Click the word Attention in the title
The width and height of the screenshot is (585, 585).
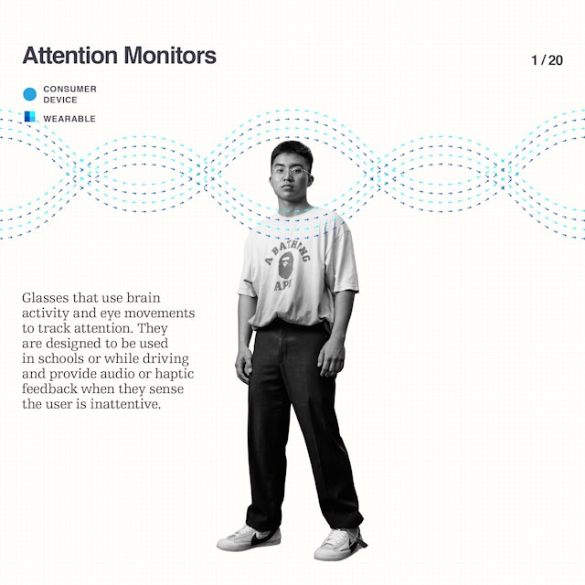point(69,55)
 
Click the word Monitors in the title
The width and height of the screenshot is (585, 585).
point(170,55)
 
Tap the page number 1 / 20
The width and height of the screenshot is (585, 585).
point(547,60)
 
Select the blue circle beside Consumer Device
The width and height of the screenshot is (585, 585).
point(30,94)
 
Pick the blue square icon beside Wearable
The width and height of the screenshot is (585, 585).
point(30,116)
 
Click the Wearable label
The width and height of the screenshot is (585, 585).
point(69,119)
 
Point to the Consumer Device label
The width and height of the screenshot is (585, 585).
point(69,94)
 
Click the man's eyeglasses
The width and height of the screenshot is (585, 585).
point(292,172)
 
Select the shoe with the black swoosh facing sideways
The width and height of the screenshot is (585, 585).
point(249,538)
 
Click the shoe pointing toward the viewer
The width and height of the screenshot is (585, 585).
point(339,544)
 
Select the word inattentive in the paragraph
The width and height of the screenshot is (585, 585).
point(126,404)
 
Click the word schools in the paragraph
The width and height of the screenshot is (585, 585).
point(61,358)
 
